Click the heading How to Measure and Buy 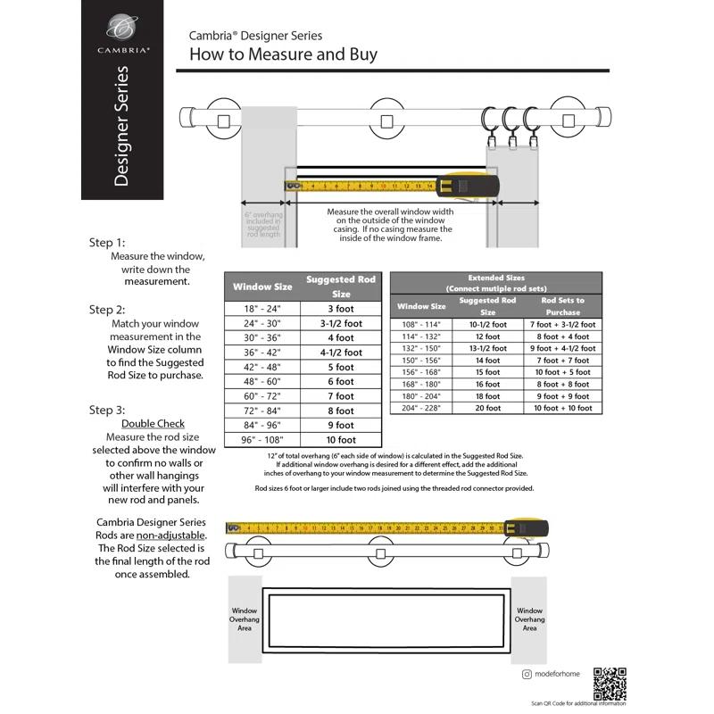tap(283, 54)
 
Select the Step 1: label tap(107, 243)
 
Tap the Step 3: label tap(107, 410)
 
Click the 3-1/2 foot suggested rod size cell tap(341, 323)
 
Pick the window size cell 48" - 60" tap(262, 381)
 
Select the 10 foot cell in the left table tap(341, 440)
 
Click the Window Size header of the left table tap(262, 286)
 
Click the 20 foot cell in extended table tap(487, 407)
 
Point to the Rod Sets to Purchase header tap(563, 306)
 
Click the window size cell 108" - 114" tap(420, 325)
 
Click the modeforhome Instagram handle tap(556, 675)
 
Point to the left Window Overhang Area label tap(245, 619)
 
